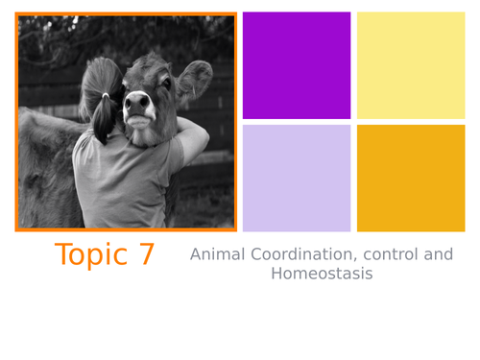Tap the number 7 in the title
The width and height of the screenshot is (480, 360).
click(146, 255)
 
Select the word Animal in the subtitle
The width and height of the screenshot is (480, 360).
click(217, 255)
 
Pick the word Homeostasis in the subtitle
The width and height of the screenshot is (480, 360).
click(321, 275)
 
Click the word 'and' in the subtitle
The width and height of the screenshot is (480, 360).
click(438, 255)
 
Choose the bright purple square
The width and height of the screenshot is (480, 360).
click(297, 65)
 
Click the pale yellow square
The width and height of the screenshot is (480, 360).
click(411, 65)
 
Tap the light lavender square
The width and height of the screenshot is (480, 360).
click(297, 179)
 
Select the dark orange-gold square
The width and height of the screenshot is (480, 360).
click(411, 179)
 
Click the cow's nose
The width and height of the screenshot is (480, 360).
click(137, 101)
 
